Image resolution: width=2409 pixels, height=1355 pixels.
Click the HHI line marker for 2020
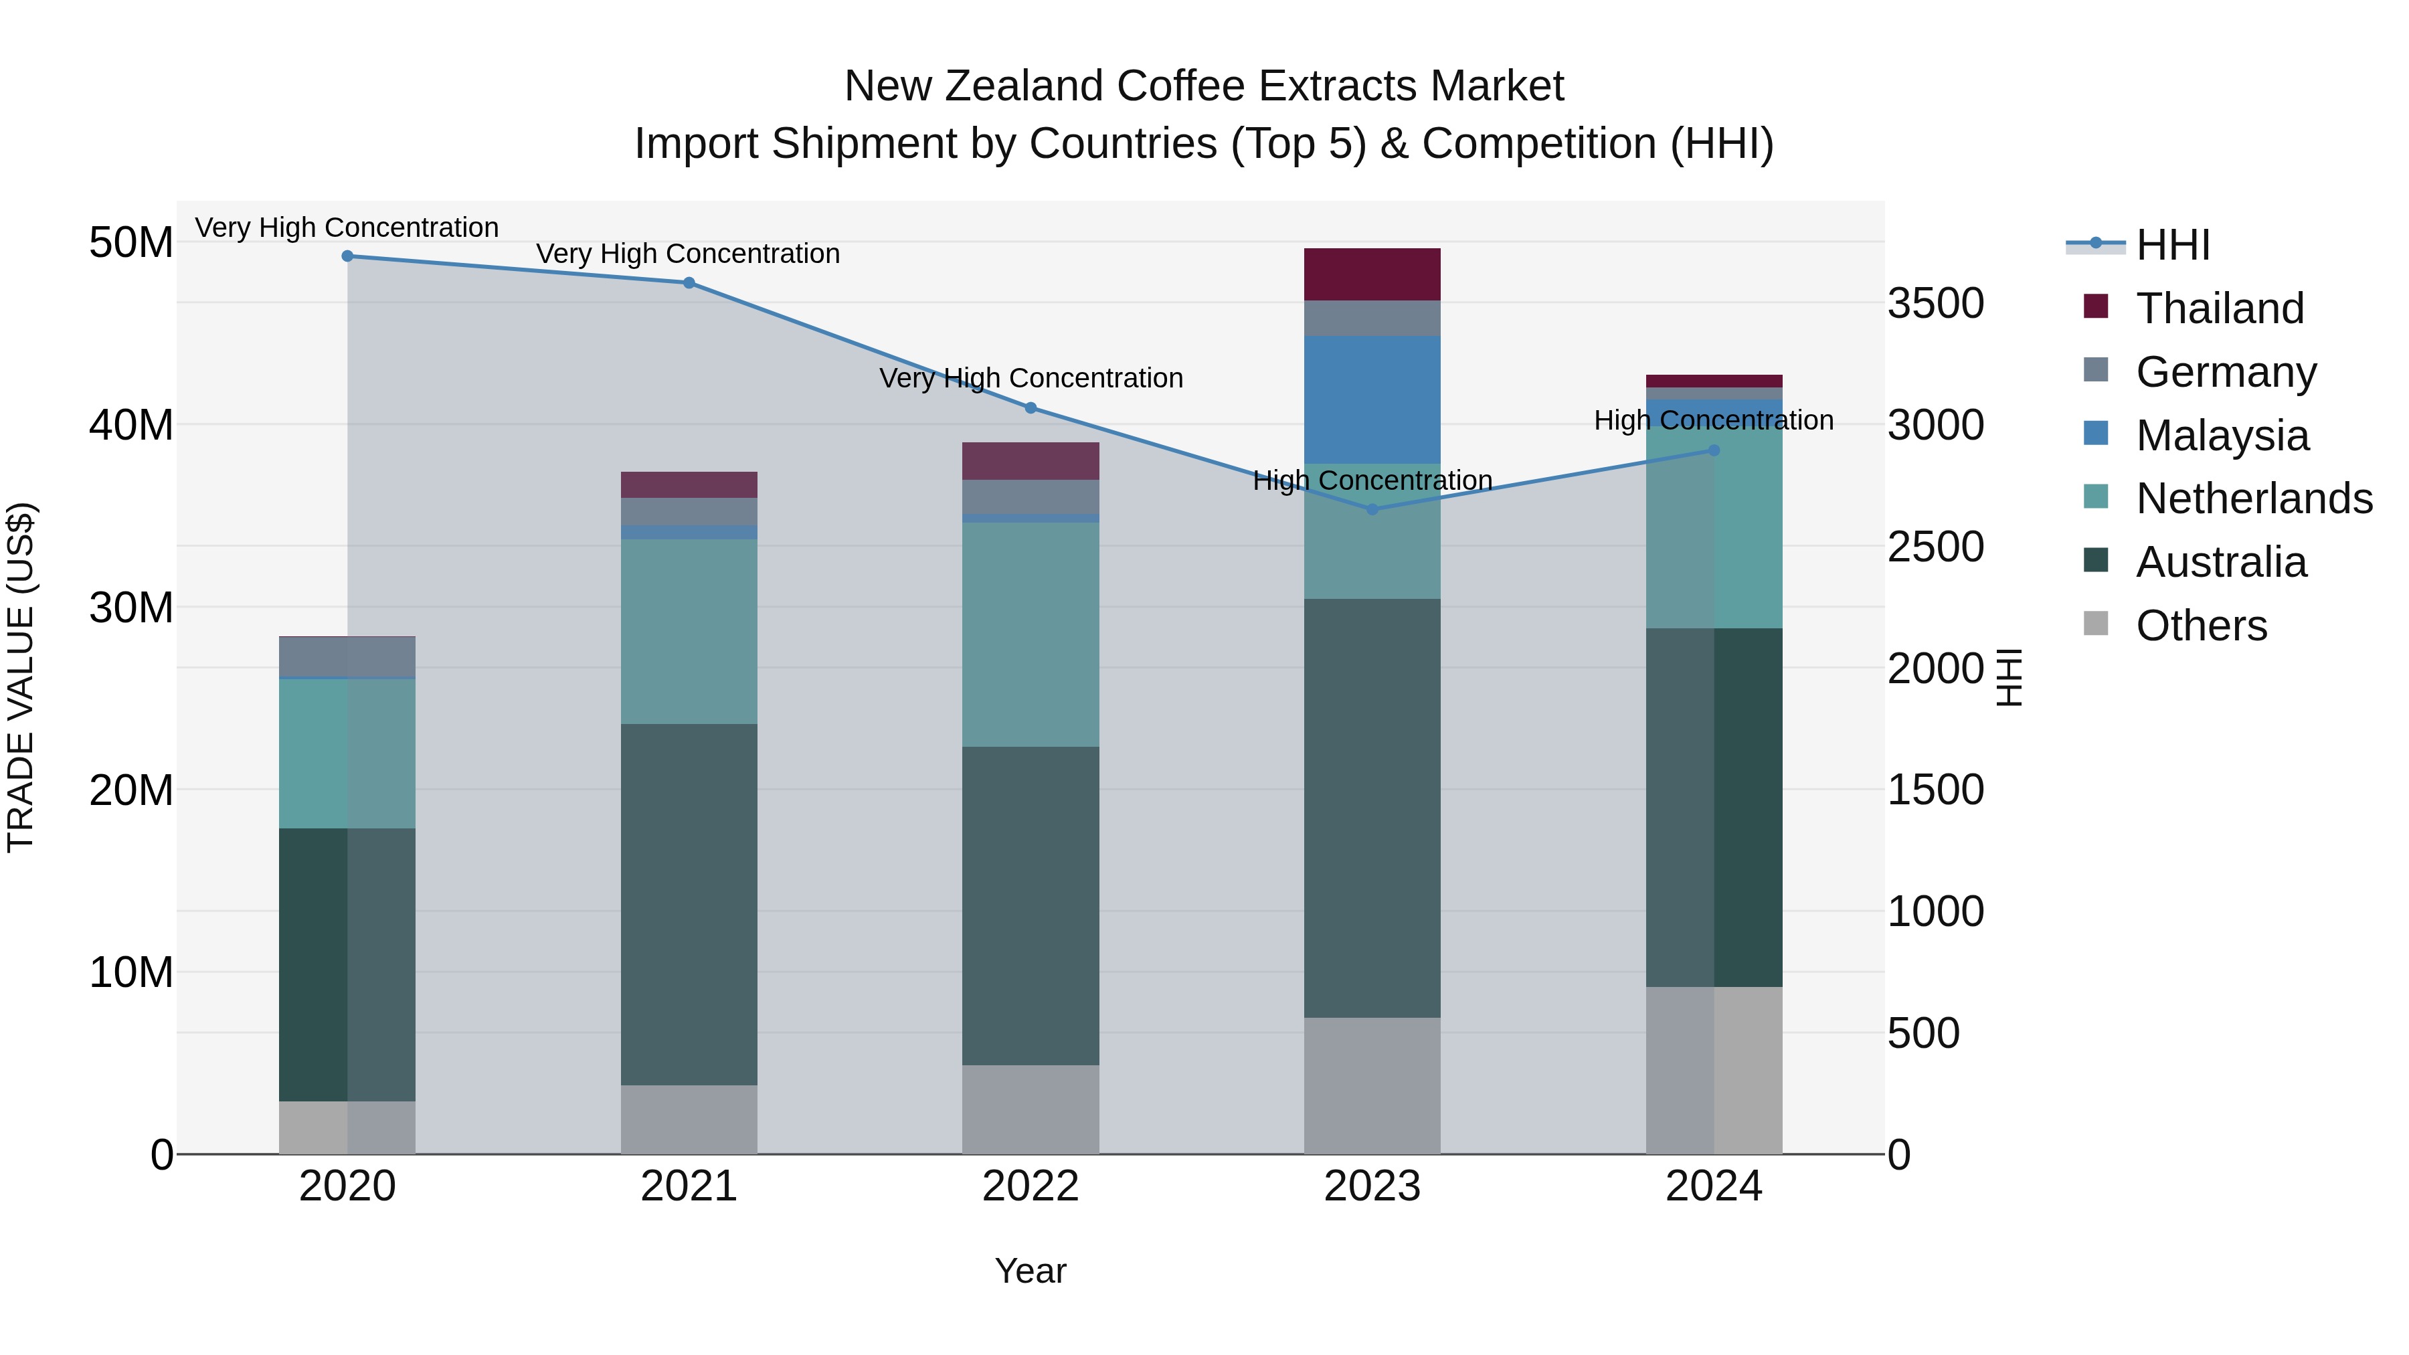click(x=347, y=256)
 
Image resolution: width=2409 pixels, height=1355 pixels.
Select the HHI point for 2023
click(x=1372, y=510)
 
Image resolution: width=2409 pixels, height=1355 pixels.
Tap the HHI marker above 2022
click(x=1031, y=408)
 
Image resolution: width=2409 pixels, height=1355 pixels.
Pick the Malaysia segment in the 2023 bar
click(x=1372, y=399)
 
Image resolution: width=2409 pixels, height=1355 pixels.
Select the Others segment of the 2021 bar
click(x=689, y=1119)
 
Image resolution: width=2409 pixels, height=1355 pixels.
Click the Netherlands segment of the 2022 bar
click(x=1031, y=634)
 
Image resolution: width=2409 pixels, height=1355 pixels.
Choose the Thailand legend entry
click(x=2220, y=308)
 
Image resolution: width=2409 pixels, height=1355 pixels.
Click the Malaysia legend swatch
click(x=2096, y=434)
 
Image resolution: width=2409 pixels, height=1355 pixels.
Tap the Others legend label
click(x=2202, y=626)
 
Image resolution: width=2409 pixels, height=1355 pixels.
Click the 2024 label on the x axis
click(x=1713, y=1186)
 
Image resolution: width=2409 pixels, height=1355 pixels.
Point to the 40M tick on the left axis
click(x=131, y=426)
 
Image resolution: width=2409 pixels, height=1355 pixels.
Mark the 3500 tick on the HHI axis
click(x=1935, y=304)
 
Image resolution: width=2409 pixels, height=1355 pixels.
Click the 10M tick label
click(x=131, y=972)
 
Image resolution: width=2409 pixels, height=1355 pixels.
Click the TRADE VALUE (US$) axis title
click(x=21, y=677)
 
